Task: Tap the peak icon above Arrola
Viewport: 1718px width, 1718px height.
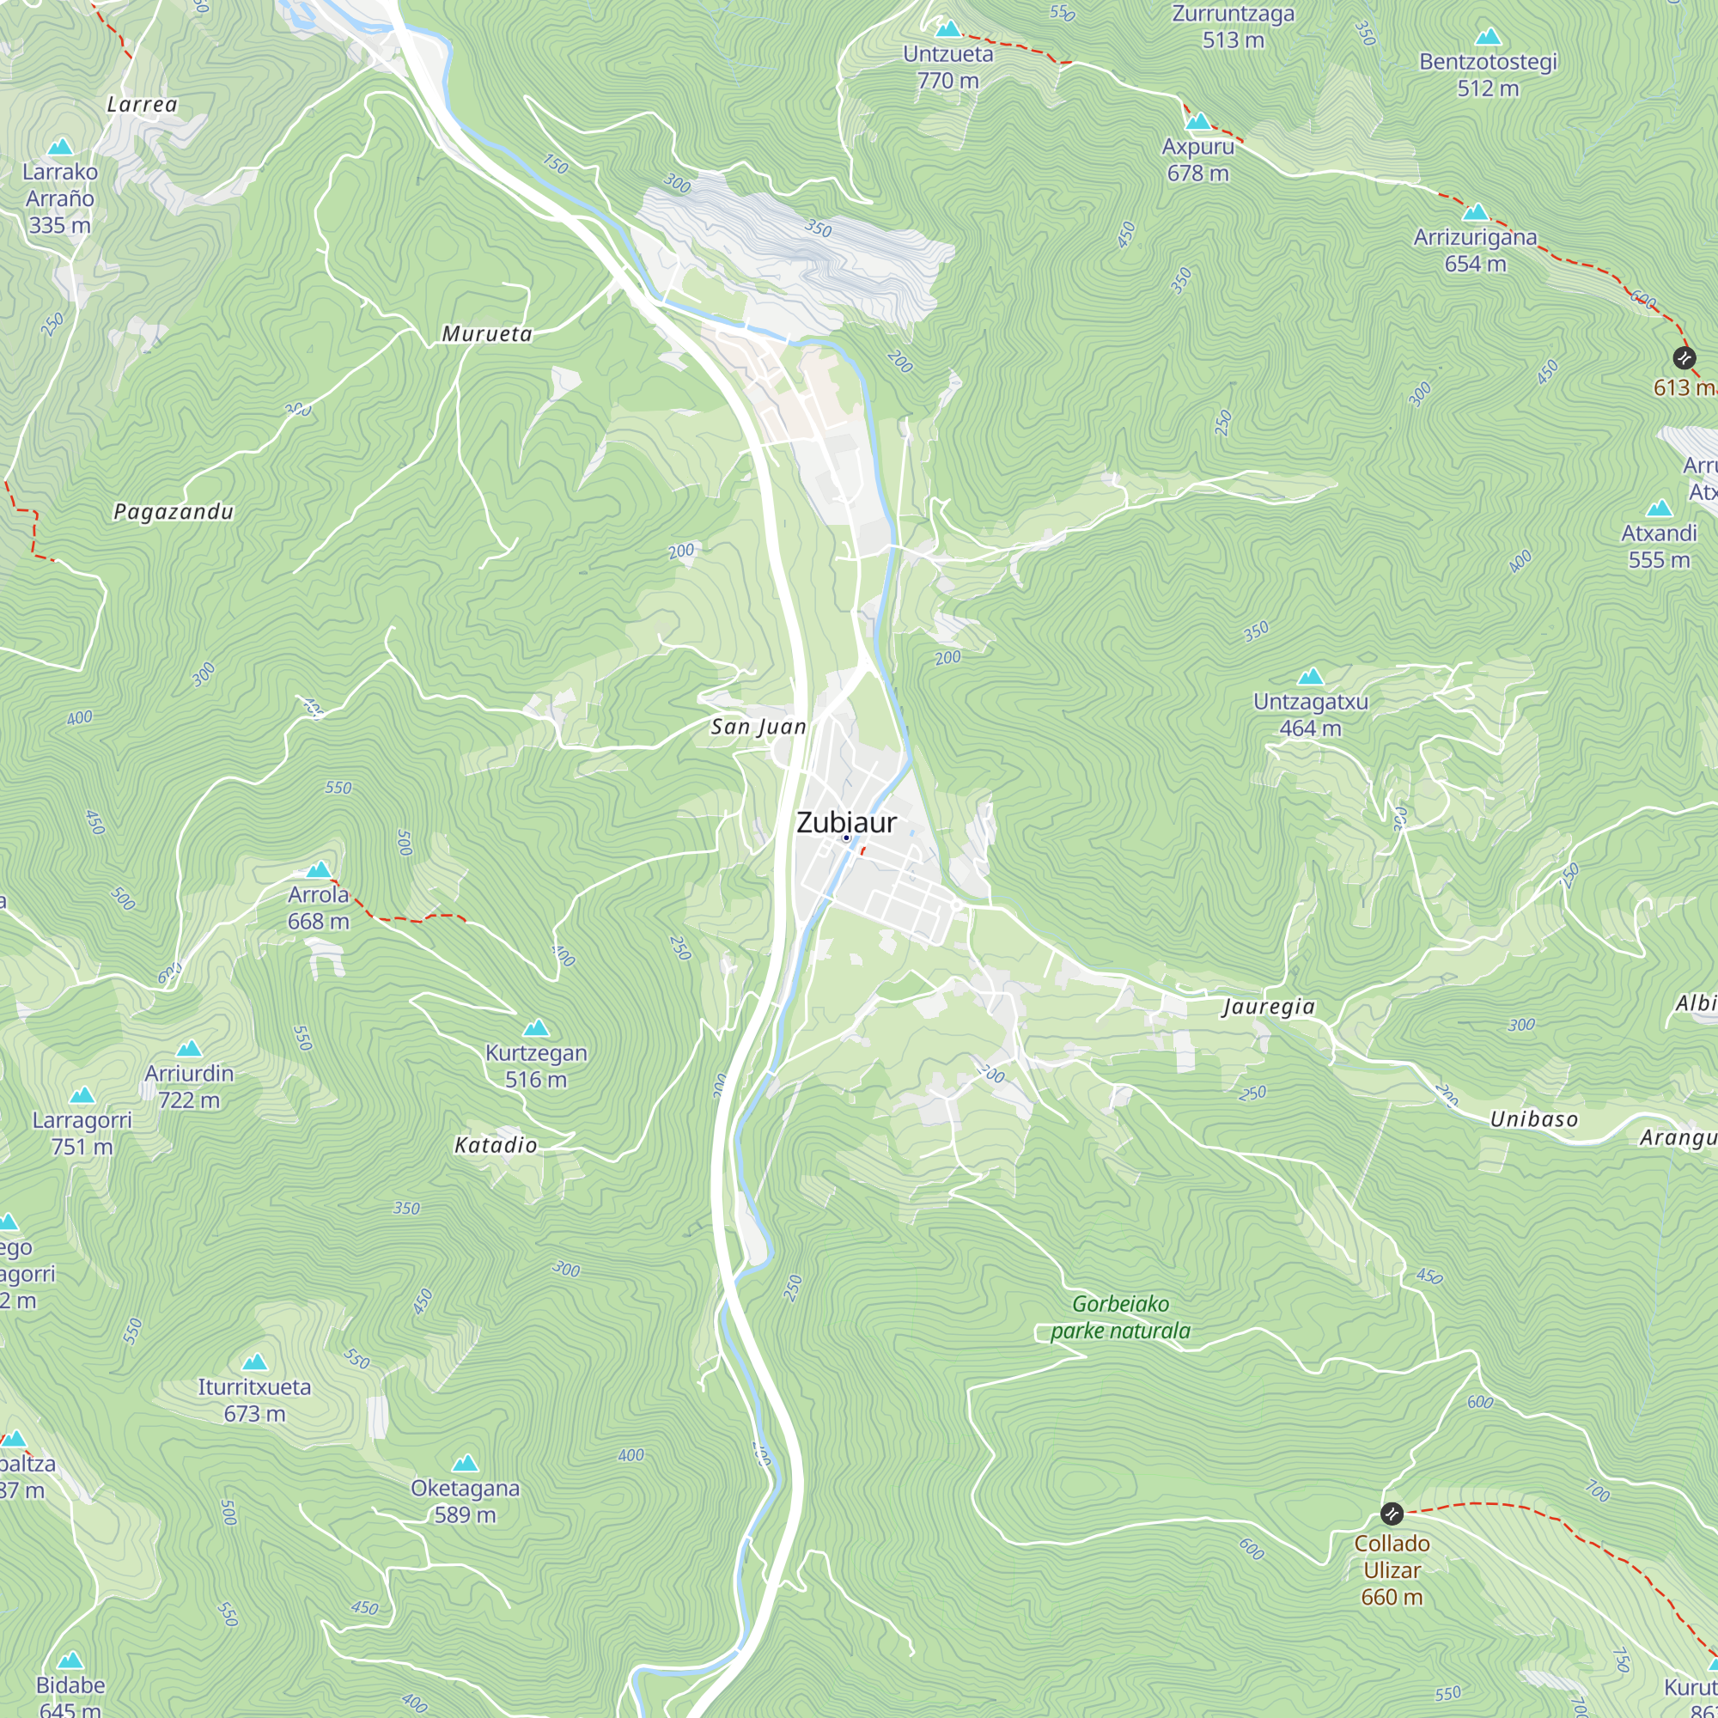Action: click(x=319, y=869)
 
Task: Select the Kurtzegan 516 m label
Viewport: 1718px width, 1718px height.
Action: click(x=535, y=1066)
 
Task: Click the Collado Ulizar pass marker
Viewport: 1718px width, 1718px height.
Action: click(x=1392, y=1514)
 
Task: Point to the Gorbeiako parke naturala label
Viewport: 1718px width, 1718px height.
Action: click(x=1119, y=1317)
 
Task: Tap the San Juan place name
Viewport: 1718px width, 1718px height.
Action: click(x=758, y=728)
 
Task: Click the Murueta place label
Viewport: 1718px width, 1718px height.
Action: click(x=486, y=334)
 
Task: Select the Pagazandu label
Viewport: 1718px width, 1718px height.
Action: click(x=174, y=512)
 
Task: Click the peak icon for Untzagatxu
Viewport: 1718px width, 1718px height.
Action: click(x=1310, y=678)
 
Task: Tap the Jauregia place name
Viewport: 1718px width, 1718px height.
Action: click(x=1268, y=1007)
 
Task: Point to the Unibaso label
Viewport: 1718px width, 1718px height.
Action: click(x=1534, y=1119)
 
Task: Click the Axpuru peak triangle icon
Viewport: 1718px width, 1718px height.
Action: click(x=1197, y=122)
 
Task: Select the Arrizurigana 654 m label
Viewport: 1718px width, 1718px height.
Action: click(x=1474, y=251)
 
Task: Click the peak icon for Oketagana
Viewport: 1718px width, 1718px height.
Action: click(x=465, y=1464)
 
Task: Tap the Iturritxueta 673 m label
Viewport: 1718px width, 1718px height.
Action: click(x=254, y=1400)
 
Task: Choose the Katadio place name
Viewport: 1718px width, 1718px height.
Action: click(x=496, y=1145)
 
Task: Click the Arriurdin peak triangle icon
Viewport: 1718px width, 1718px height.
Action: click(x=188, y=1050)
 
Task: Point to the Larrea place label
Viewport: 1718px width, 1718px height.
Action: click(x=143, y=105)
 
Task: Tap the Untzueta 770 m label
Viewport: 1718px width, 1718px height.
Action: click(x=948, y=68)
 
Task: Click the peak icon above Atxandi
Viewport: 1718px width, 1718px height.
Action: click(x=1659, y=509)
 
